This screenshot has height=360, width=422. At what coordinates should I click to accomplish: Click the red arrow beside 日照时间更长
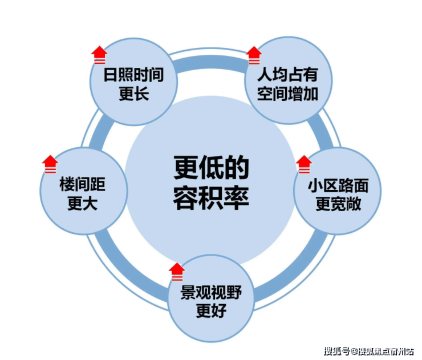point(99,55)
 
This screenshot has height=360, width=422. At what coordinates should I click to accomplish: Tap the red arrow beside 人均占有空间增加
point(253,55)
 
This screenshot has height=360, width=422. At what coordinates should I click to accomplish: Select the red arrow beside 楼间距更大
point(51,164)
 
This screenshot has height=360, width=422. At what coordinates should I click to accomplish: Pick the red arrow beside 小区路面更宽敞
point(304,164)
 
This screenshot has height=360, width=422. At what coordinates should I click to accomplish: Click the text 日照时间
point(133,76)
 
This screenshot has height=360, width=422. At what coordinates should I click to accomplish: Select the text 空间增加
point(287,94)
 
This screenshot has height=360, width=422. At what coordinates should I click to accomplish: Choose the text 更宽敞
point(338,204)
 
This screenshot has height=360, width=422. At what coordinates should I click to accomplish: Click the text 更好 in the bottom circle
point(212,312)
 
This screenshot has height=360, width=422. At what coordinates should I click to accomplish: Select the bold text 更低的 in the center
point(212,169)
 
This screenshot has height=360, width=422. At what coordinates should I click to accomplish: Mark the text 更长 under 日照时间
point(133,94)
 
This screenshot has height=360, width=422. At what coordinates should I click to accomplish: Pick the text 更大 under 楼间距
point(83,204)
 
